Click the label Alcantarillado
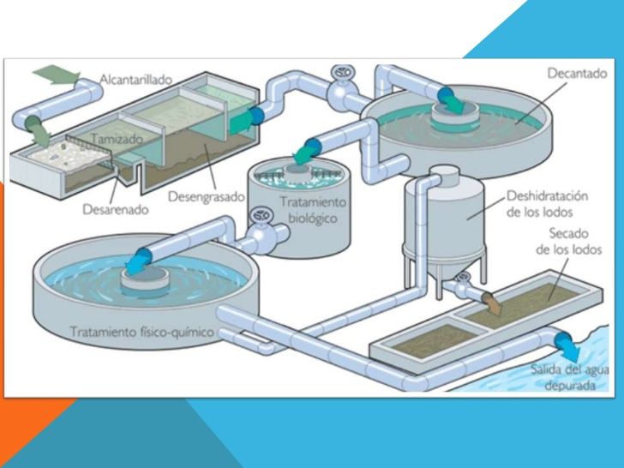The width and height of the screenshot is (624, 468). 135,80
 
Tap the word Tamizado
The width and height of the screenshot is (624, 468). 117,139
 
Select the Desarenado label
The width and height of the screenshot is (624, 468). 116,209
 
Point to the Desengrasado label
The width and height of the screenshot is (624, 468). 206,196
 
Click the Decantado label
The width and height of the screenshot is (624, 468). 578,73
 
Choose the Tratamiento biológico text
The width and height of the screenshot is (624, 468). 313,210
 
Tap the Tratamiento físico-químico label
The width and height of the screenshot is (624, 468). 142,332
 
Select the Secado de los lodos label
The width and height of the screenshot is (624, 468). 569,241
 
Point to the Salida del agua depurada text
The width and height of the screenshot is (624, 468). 570,378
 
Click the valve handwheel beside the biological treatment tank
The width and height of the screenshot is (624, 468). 262,215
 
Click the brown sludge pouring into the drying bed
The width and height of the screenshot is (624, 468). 493,303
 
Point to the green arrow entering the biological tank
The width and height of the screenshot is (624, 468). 304,153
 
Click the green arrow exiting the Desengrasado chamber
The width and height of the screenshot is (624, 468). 241,121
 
